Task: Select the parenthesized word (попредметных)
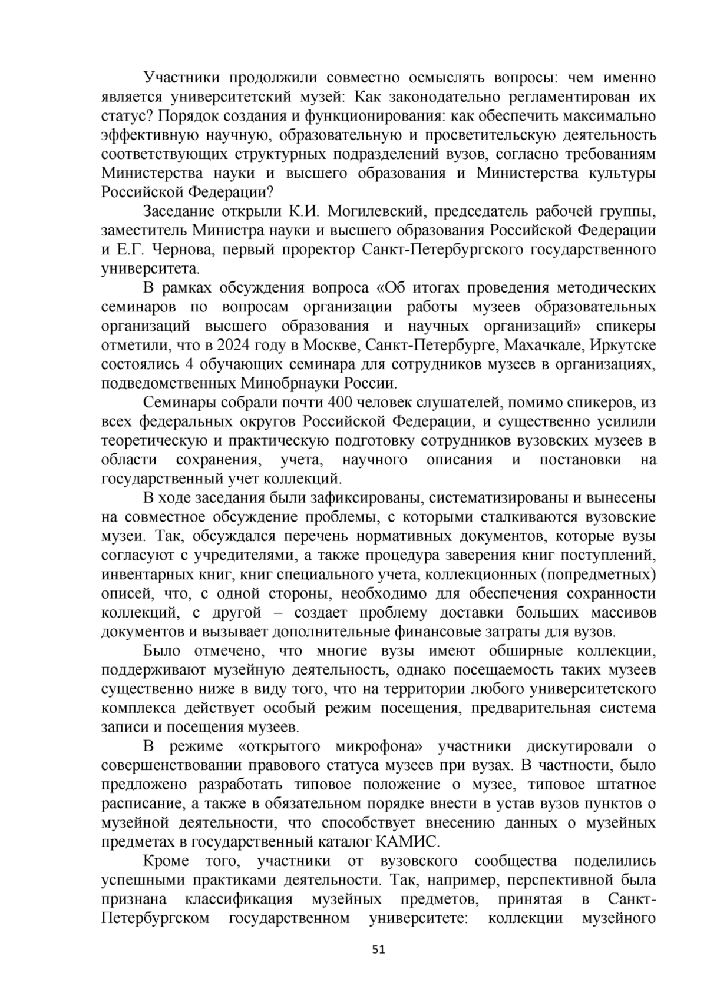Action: click(x=599, y=575)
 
